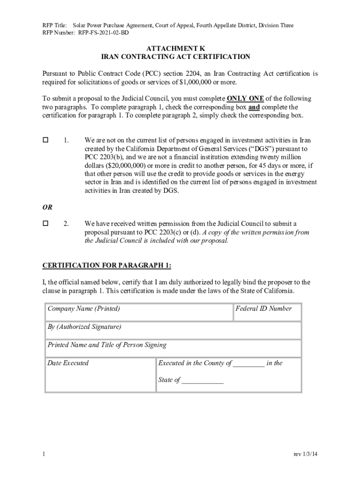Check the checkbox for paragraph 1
point(46,140)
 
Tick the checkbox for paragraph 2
point(46,224)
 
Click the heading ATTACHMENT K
point(175,49)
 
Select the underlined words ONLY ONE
point(245,99)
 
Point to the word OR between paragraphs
point(48,207)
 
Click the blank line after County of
point(249,363)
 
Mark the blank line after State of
point(202,381)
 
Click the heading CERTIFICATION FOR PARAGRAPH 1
point(107,266)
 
